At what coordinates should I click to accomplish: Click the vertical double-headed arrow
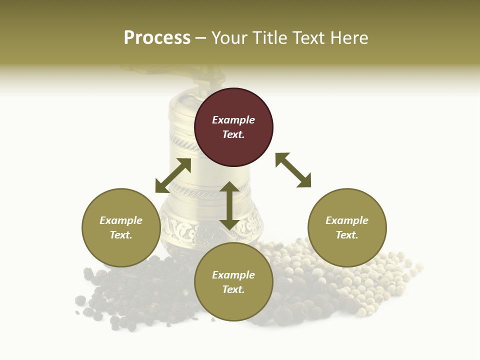229,205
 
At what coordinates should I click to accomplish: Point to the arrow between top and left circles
173,175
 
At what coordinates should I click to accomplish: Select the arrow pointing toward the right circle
293,170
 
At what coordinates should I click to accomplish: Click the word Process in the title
157,38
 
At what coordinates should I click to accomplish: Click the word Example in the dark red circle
233,120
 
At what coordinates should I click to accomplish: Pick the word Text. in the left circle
121,235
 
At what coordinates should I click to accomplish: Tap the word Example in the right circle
347,220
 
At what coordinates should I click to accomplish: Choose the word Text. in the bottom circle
233,289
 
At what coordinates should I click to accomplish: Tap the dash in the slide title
201,38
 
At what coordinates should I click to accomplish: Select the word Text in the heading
309,38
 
